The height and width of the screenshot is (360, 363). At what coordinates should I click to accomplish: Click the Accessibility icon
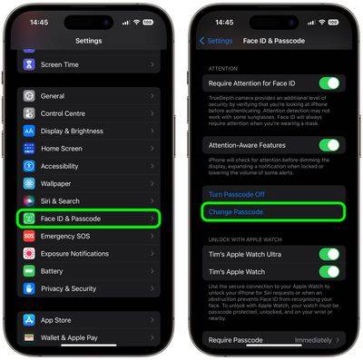point(29,166)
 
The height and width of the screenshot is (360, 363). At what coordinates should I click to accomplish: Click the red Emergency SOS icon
point(29,236)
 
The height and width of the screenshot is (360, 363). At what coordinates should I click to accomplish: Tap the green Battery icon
point(29,271)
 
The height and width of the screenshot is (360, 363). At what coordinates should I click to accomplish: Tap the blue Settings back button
point(217,41)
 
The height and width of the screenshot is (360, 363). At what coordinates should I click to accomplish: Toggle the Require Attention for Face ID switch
point(329,83)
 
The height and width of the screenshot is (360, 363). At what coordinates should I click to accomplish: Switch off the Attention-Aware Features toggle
point(329,145)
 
